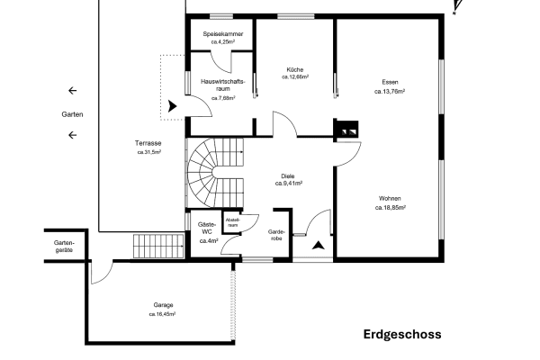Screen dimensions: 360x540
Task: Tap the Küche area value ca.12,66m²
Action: [294, 77]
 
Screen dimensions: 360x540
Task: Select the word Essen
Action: [391, 83]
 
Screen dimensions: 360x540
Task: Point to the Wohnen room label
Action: [391, 198]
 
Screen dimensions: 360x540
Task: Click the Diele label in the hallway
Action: [288, 175]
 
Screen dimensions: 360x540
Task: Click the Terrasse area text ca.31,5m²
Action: [148, 152]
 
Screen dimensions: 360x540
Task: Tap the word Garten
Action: [72, 114]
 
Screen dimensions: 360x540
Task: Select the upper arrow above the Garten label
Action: [72, 91]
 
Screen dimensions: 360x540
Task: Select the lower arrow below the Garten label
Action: [72, 137]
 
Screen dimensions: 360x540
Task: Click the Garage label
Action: [162, 305]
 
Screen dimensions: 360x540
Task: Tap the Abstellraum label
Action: [232, 221]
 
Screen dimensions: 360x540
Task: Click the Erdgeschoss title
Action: [402, 335]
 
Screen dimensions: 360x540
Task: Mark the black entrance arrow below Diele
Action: [318, 243]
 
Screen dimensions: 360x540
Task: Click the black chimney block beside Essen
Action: [346, 129]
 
